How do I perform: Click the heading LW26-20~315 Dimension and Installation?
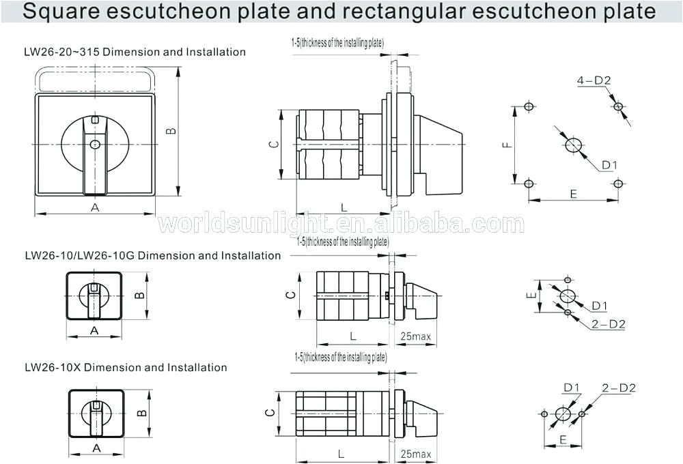[135, 52]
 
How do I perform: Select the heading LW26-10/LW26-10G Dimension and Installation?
[153, 256]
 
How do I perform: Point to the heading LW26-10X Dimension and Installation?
[126, 367]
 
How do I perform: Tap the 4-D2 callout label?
[594, 81]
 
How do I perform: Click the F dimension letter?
[506, 145]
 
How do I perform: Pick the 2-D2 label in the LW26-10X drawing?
[619, 388]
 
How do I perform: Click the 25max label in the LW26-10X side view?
[416, 454]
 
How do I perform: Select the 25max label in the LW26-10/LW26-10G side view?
[415, 336]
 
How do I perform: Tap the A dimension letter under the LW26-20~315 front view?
[95, 207]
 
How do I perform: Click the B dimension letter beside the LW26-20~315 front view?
[171, 130]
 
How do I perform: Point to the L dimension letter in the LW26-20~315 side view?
[344, 207]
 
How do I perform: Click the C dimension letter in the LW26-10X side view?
[270, 413]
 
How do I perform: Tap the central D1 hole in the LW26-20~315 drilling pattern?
[573, 145]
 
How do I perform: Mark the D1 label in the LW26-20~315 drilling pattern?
[609, 165]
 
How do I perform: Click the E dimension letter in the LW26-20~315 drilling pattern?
[573, 194]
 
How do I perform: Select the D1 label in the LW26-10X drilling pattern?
[572, 388]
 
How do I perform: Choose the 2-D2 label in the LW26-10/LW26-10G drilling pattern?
[608, 324]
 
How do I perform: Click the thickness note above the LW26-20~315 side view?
[337, 43]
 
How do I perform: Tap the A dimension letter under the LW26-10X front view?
[96, 448]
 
